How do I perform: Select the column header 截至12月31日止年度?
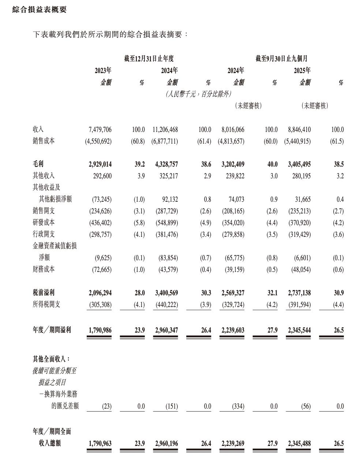tap(149, 58)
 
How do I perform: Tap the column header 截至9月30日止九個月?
tap(281, 58)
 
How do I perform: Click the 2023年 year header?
tap(103, 70)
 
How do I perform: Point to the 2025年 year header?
tap(302, 70)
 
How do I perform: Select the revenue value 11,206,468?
tap(165, 129)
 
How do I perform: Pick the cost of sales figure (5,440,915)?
tap(297, 141)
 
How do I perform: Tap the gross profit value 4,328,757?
tap(166, 164)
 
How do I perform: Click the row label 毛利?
tap(38, 164)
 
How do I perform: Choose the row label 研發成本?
tap(44, 223)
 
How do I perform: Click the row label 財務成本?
tap(44, 269)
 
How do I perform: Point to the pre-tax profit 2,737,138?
tap(299, 293)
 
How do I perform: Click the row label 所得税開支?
tap(46, 304)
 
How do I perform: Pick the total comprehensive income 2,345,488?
tap(299, 443)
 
